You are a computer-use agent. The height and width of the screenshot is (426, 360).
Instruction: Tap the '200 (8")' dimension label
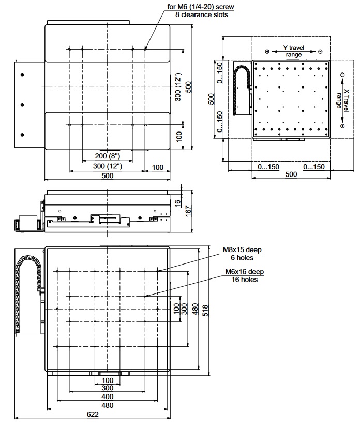pyautogui.click(x=107, y=156)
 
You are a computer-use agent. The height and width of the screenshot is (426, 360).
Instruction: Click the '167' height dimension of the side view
pyautogui.click(x=189, y=210)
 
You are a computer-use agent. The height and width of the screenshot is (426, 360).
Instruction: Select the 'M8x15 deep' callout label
pyautogui.click(x=242, y=250)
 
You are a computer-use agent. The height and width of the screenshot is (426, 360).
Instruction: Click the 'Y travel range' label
pyautogui.click(x=293, y=51)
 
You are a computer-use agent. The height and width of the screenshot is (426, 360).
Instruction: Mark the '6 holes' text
pyautogui.click(x=242, y=258)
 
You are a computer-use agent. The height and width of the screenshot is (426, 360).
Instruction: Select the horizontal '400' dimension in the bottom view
pyautogui.click(x=107, y=397)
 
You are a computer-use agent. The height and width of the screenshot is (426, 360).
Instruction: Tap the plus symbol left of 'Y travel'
pyautogui.click(x=267, y=52)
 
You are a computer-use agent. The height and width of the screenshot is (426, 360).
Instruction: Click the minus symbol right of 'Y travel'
pyautogui.click(x=321, y=52)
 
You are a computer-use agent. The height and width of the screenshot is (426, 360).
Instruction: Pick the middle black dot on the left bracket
pyautogui.click(x=22, y=105)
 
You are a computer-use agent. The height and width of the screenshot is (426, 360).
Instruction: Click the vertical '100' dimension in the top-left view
pyautogui.click(x=178, y=137)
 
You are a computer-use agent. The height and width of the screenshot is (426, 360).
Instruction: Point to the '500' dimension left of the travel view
pyautogui.click(x=211, y=99)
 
